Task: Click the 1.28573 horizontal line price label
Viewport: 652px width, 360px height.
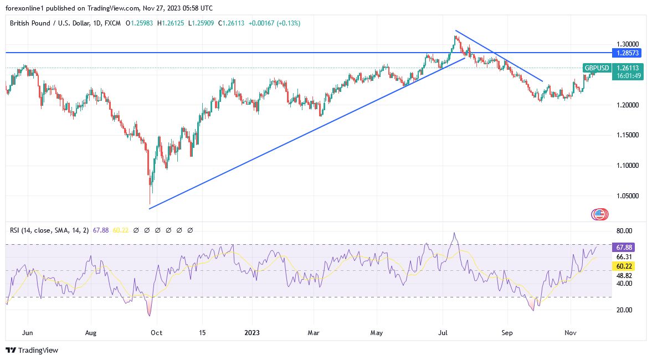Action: (627, 53)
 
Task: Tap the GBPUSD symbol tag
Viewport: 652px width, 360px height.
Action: (597, 68)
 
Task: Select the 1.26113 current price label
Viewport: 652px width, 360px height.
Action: (627, 68)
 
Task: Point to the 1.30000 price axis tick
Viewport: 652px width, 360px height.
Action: (627, 44)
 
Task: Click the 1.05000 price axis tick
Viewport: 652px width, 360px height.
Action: (627, 196)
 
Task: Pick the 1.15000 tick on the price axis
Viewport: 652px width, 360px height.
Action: (627, 135)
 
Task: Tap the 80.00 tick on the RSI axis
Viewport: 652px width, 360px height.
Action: (624, 231)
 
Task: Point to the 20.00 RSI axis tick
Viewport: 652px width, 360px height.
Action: (624, 310)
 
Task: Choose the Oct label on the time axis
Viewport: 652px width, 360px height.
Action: (157, 333)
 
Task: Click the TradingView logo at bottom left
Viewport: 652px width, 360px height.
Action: (32, 350)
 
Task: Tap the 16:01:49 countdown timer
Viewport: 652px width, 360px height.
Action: (627, 76)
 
